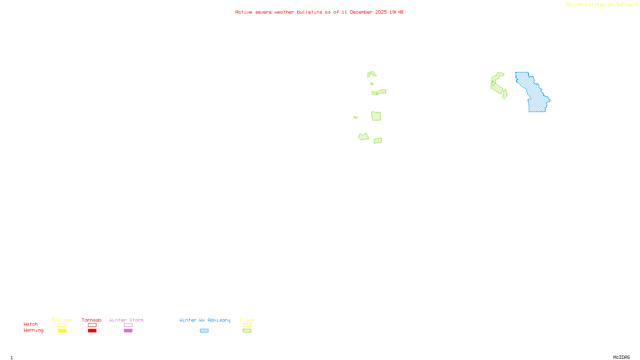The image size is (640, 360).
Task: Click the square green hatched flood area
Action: coord(376,116)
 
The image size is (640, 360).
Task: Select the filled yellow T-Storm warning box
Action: coord(62,331)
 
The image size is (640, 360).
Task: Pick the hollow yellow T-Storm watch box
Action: coord(62,325)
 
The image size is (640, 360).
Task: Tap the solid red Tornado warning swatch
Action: coord(92,331)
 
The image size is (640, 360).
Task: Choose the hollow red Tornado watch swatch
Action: coord(92,325)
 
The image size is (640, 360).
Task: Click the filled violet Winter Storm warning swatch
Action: coord(128,331)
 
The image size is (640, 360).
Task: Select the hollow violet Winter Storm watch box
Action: coord(128,325)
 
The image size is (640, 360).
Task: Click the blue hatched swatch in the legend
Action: coord(204,331)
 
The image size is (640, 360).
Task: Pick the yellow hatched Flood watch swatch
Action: coord(247,325)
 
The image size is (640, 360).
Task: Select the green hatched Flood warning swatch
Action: coord(247,331)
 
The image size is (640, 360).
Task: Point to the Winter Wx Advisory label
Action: coord(205,320)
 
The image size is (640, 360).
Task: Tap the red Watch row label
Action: coord(31,324)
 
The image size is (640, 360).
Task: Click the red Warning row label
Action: coord(33,330)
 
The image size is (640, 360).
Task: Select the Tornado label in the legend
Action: coord(92,320)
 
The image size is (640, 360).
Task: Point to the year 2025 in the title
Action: coord(381,12)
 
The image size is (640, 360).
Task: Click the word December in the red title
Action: coord(361,12)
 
